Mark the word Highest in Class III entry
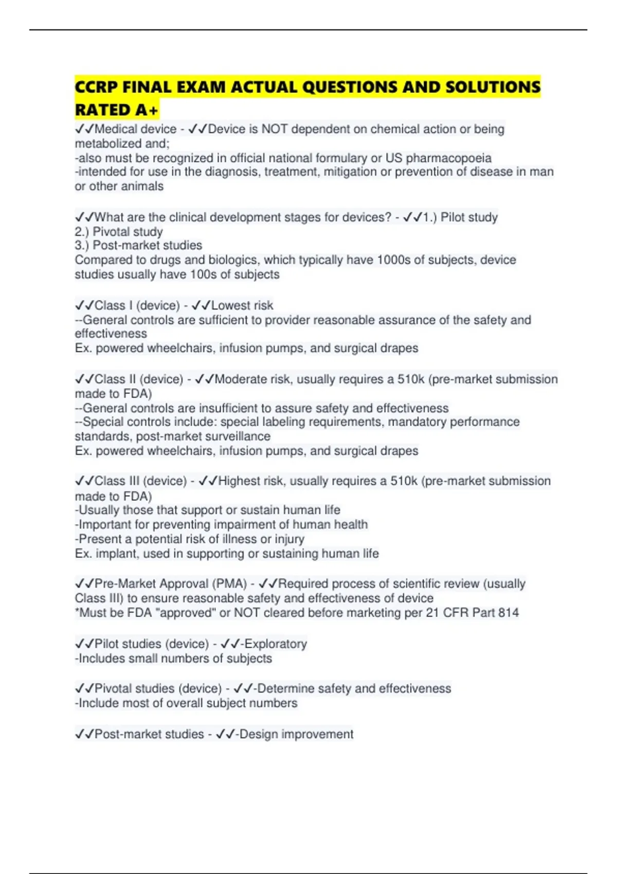point(239,481)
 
